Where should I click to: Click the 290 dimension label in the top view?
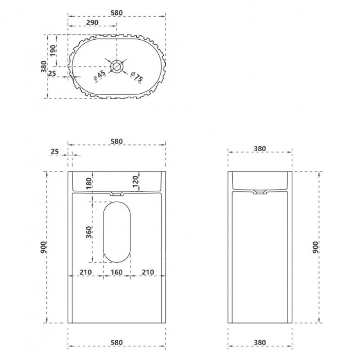[92, 22]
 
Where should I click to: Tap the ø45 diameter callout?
[100, 76]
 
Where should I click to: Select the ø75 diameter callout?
[136, 77]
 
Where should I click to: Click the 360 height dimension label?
[89, 232]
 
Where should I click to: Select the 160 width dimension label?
[117, 272]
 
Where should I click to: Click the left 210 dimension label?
[86, 272]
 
